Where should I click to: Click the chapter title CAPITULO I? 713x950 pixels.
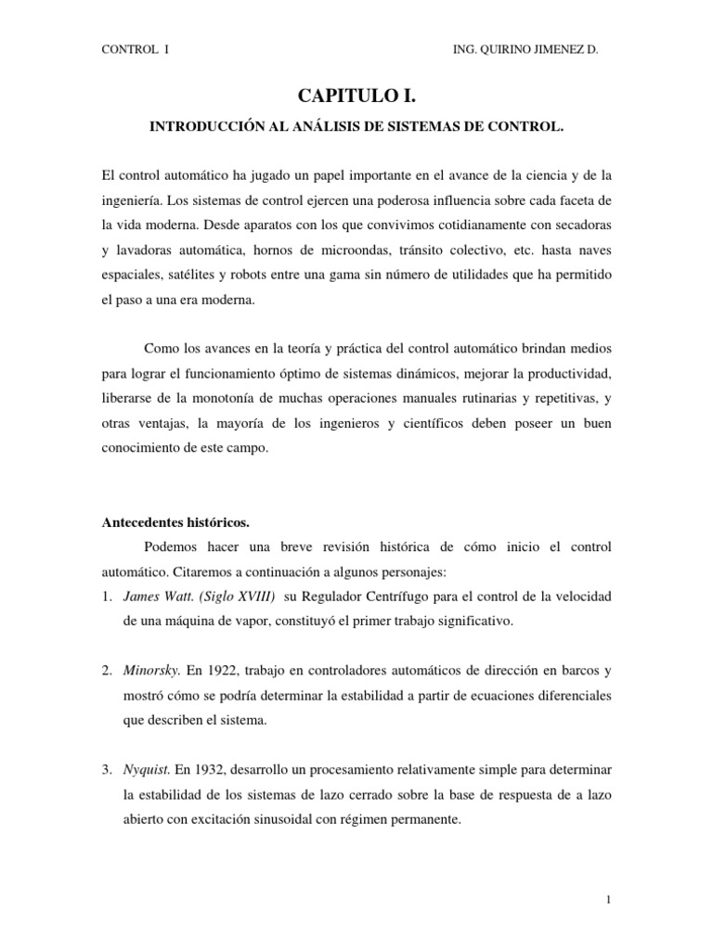357,96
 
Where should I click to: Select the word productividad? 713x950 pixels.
566,373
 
